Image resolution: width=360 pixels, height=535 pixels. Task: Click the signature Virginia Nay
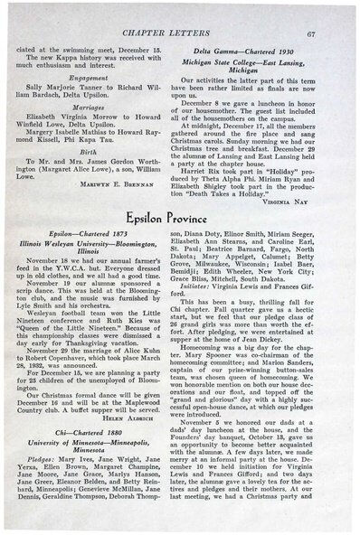(313, 205)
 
